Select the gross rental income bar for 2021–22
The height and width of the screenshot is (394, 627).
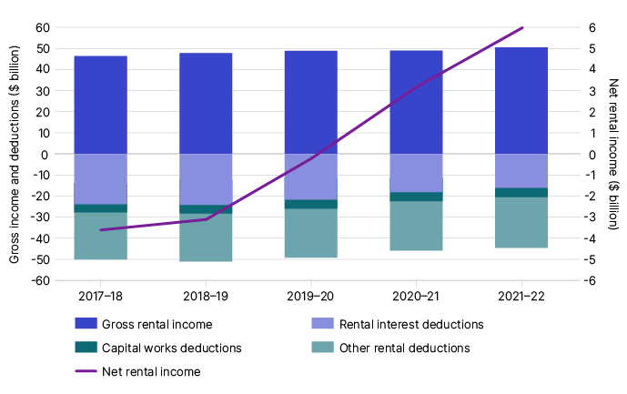pyautogui.click(x=521, y=100)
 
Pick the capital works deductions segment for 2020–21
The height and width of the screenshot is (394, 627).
pyautogui.click(x=416, y=197)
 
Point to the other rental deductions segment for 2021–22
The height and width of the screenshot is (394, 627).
pyautogui.click(x=521, y=222)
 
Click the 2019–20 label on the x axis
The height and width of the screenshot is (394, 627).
pyautogui.click(x=311, y=297)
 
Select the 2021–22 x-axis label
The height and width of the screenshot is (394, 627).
pyautogui.click(x=521, y=297)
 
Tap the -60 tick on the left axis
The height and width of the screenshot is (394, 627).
pyautogui.click(x=39, y=280)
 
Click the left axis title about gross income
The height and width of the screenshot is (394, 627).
pyautogui.click(x=15, y=155)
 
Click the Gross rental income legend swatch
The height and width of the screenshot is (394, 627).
pyautogui.click(x=85, y=324)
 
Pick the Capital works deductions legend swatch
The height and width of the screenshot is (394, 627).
pyautogui.click(x=85, y=348)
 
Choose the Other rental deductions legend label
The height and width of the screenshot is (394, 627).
pyautogui.click(x=404, y=348)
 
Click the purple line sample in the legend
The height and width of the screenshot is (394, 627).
pyautogui.click(x=85, y=371)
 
